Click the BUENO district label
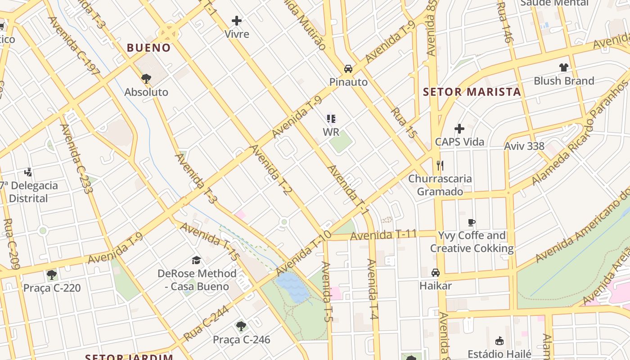coord(148,48)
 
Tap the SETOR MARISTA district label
coord(472,92)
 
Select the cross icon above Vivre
coord(237,21)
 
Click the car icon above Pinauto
coord(348,69)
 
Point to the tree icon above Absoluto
coord(146,79)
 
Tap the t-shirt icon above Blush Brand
coord(563,67)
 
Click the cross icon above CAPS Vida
coord(459,129)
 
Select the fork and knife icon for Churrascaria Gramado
coord(440,166)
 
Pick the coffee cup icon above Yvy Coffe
coord(471,222)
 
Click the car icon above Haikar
coord(435,273)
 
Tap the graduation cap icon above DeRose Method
coord(196,260)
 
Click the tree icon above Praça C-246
coord(241,326)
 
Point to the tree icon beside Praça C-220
coord(52,274)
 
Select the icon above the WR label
coord(331,119)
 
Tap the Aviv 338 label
coord(524,146)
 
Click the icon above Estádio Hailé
coord(499,341)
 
